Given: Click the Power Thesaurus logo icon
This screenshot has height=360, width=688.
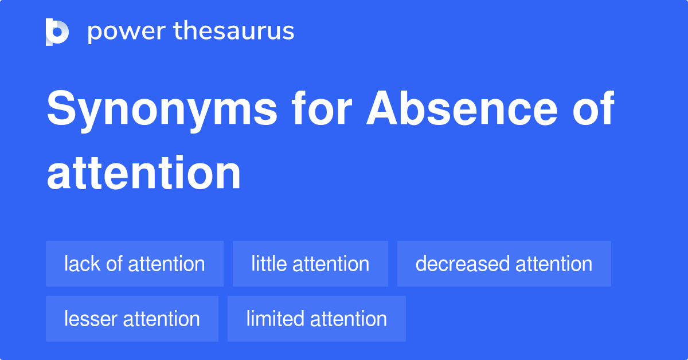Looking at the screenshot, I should pyautogui.click(x=57, y=32).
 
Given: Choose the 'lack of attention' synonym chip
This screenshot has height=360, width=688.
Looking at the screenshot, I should pyautogui.click(x=135, y=264).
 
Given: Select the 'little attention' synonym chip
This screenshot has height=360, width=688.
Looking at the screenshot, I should pyautogui.click(x=310, y=264).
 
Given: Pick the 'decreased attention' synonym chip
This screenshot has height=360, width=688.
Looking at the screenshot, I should pyautogui.click(x=504, y=264).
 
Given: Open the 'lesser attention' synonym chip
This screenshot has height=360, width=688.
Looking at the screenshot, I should pyautogui.click(x=132, y=319).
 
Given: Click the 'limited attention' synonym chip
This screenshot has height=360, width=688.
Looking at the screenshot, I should pyautogui.click(x=316, y=319).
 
